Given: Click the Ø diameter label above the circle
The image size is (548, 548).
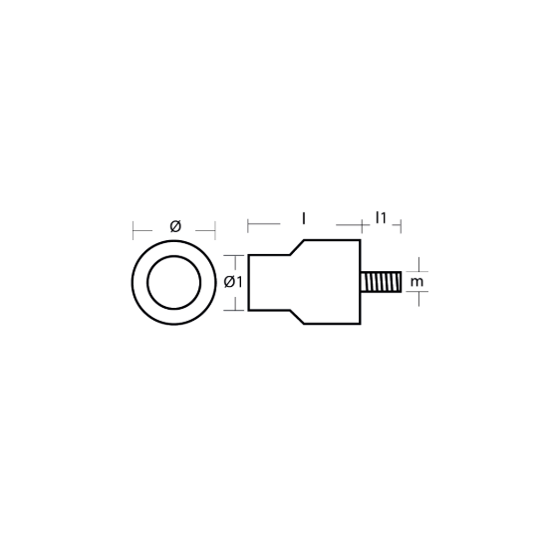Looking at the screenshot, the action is (x=175, y=226).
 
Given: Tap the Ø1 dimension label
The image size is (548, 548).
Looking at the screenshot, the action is (x=233, y=282).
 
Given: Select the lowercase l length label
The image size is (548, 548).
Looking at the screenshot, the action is (x=304, y=219).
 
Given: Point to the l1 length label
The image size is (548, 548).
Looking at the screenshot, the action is (x=381, y=218).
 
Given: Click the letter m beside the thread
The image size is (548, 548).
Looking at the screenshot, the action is (x=416, y=282).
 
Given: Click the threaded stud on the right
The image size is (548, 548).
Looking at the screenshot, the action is (x=381, y=282).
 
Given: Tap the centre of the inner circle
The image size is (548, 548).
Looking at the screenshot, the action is (x=174, y=282).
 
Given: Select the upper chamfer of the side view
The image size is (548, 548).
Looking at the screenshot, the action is (x=297, y=247).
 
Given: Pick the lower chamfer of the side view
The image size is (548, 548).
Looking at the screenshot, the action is (x=297, y=317).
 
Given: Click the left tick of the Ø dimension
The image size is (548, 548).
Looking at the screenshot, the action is (x=134, y=230).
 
